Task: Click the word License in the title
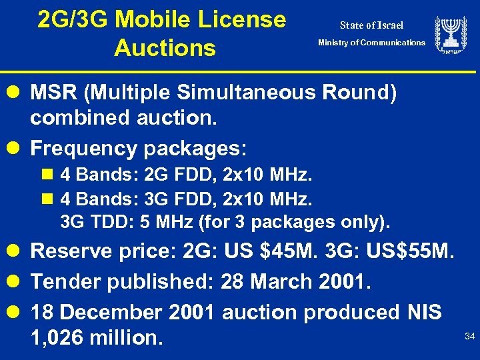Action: pos(244,20)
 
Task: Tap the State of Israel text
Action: pos(371,26)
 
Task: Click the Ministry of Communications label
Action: pos(371,43)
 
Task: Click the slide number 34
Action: pos(469,337)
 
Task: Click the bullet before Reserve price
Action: pos(18,252)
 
